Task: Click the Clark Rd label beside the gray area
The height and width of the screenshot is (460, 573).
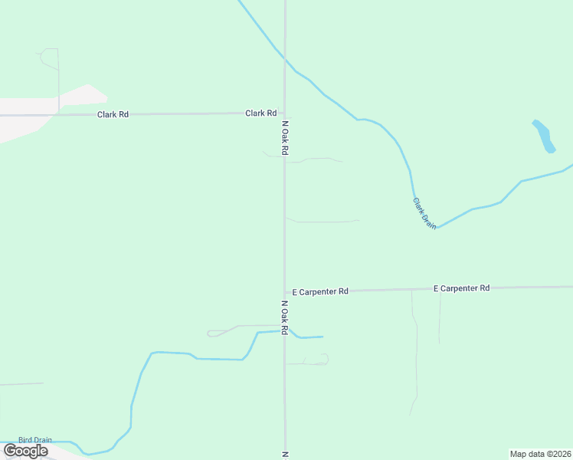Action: point(113,114)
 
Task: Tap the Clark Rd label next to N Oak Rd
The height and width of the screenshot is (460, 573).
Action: point(260,113)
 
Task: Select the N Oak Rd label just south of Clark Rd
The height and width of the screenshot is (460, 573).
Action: point(284,138)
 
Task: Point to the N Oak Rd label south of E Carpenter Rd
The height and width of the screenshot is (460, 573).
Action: point(283,317)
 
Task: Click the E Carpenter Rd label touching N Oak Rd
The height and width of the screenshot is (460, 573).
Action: point(320,291)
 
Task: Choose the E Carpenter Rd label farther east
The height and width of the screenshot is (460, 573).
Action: point(461,288)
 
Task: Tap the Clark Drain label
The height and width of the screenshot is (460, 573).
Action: point(424,213)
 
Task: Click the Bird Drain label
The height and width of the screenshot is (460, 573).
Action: point(35,440)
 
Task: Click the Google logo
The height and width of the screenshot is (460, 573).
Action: point(25,451)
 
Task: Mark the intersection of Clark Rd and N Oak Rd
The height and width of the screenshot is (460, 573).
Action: point(285,113)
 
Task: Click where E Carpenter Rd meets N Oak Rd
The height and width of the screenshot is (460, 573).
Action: point(285,292)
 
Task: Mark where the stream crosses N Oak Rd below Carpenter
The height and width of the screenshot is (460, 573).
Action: point(285,330)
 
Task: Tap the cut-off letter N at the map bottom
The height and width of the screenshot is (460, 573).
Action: point(283,455)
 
